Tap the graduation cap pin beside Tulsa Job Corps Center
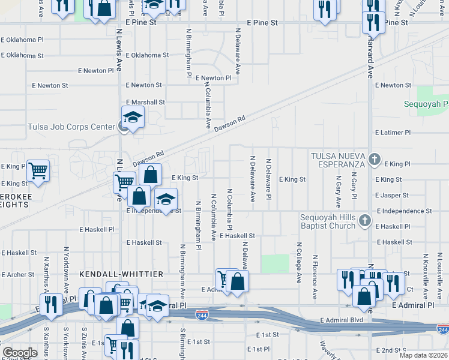point(133,117)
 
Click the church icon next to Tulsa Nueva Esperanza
point(375,160)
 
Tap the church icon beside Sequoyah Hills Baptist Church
point(364,221)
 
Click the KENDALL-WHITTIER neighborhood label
point(122,274)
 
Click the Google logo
point(20,353)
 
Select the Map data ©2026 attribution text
point(424,355)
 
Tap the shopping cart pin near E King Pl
point(38,170)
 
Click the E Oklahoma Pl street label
point(22,40)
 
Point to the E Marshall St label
point(145,103)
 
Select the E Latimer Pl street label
point(393,132)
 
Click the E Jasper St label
point(392,196)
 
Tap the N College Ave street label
point(298,262)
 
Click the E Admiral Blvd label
point(342,320)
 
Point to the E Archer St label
point(17,275)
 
